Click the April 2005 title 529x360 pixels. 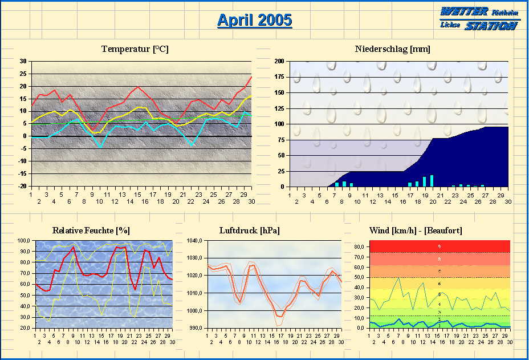pyautogui.click(x=254, y=20)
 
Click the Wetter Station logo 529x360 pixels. pyautogui.click(x=480, y=18)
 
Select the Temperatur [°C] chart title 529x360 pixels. pyautogui.click(x=135, y=49)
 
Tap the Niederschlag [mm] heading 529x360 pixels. pyautogui.click(x=392, y=49)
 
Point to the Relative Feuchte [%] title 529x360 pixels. pyautogui.click(x=91, y=230)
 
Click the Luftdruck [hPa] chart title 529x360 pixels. pyautogui.click(x=249, y=230)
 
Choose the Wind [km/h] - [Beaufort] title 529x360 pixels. pyautogui.click(x=416, y=230)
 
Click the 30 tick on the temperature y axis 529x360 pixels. pyautogui.click(x=22, y=61)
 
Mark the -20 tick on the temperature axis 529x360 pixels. pyautogui.click(x=21, y=186)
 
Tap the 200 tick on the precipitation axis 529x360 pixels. pyautogui.click(x=279, y=61)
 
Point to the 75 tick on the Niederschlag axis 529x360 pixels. pyautogui.click(x=281, y=139)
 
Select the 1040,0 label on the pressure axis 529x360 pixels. pyautogui.click(x=195, y=241)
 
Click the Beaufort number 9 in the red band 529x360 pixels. pyautogui.click(x=439, y=246)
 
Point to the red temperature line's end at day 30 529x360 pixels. pyautogui.click(x=251, y=77)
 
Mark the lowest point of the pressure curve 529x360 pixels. pyautogui.click(x=279, y=315)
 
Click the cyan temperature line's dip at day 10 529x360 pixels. pyautogui.click(x=100, y=147)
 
